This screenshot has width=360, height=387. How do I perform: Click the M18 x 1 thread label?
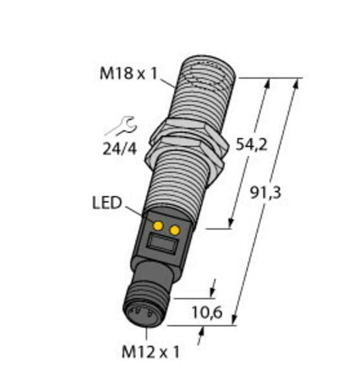click(129, 74)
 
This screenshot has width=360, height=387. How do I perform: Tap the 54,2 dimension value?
click(252, 145)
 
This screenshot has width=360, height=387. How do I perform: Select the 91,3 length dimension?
click(266, 193)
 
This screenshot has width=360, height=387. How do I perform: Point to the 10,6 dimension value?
click(207, 313)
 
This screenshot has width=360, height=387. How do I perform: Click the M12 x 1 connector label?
click(150, 351)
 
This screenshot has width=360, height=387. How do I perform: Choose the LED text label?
click(107, 203)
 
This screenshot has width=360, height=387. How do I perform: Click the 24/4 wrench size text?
click(119, 149)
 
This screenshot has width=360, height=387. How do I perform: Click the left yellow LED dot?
click(158, 226)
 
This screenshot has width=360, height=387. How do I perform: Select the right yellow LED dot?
click(175, 230)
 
